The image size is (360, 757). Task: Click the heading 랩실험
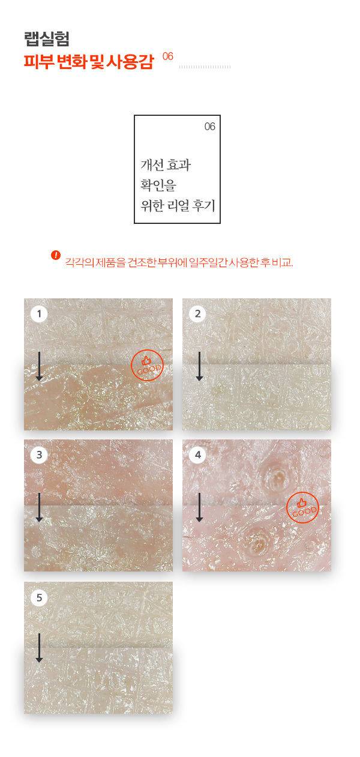tap(47, 39)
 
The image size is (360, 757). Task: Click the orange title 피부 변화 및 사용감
tap(89, 61)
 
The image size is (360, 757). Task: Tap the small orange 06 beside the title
tap(168, 56)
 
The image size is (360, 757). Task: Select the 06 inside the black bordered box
tap(210, 127)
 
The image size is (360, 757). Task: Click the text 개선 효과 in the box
tap(166, 165)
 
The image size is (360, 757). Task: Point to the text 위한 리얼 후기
tap(178, 205)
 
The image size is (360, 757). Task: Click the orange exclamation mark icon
tap(56, 255)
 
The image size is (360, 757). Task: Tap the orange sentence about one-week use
tap(179, 262)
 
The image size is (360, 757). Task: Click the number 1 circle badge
tap(39, 313)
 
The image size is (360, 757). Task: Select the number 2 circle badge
tap(197, 313)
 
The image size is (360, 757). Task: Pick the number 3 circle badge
tap(39, 454)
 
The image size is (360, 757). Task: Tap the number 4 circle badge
tap(197, 454)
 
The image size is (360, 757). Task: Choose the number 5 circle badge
tap(39, 597)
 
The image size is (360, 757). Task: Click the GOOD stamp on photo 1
tap(147, 365)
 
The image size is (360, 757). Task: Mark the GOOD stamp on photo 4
tap(302, 507)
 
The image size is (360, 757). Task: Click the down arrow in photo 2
tap(199, 366)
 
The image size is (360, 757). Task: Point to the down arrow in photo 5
tap(39, 648)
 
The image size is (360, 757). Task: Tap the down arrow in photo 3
tap(39, 507)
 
